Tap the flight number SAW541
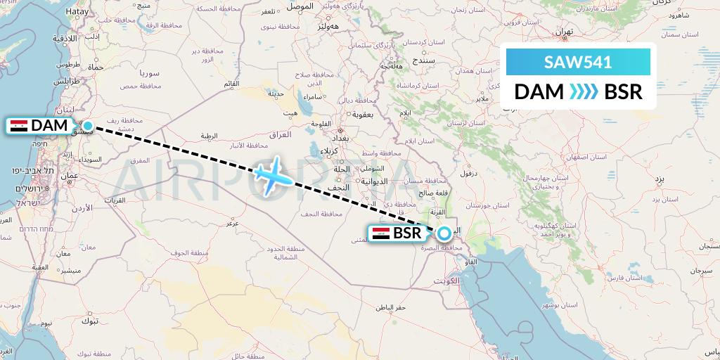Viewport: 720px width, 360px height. (x=578, y=62)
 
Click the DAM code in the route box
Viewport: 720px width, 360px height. (x=539, y=92)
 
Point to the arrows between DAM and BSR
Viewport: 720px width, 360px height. (x=583, y=92)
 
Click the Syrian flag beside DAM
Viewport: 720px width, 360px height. (x=20, y=127)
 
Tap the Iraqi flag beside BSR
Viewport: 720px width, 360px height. (x=380, y=233)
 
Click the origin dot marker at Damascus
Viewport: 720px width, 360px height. (x=88, y=126)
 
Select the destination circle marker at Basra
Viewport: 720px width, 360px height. (x=444, y=233)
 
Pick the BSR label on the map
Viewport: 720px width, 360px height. (x=407, y=233)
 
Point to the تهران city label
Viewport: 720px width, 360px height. (x=564, y=32)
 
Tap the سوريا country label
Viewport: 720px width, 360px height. (x=150, y=73)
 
